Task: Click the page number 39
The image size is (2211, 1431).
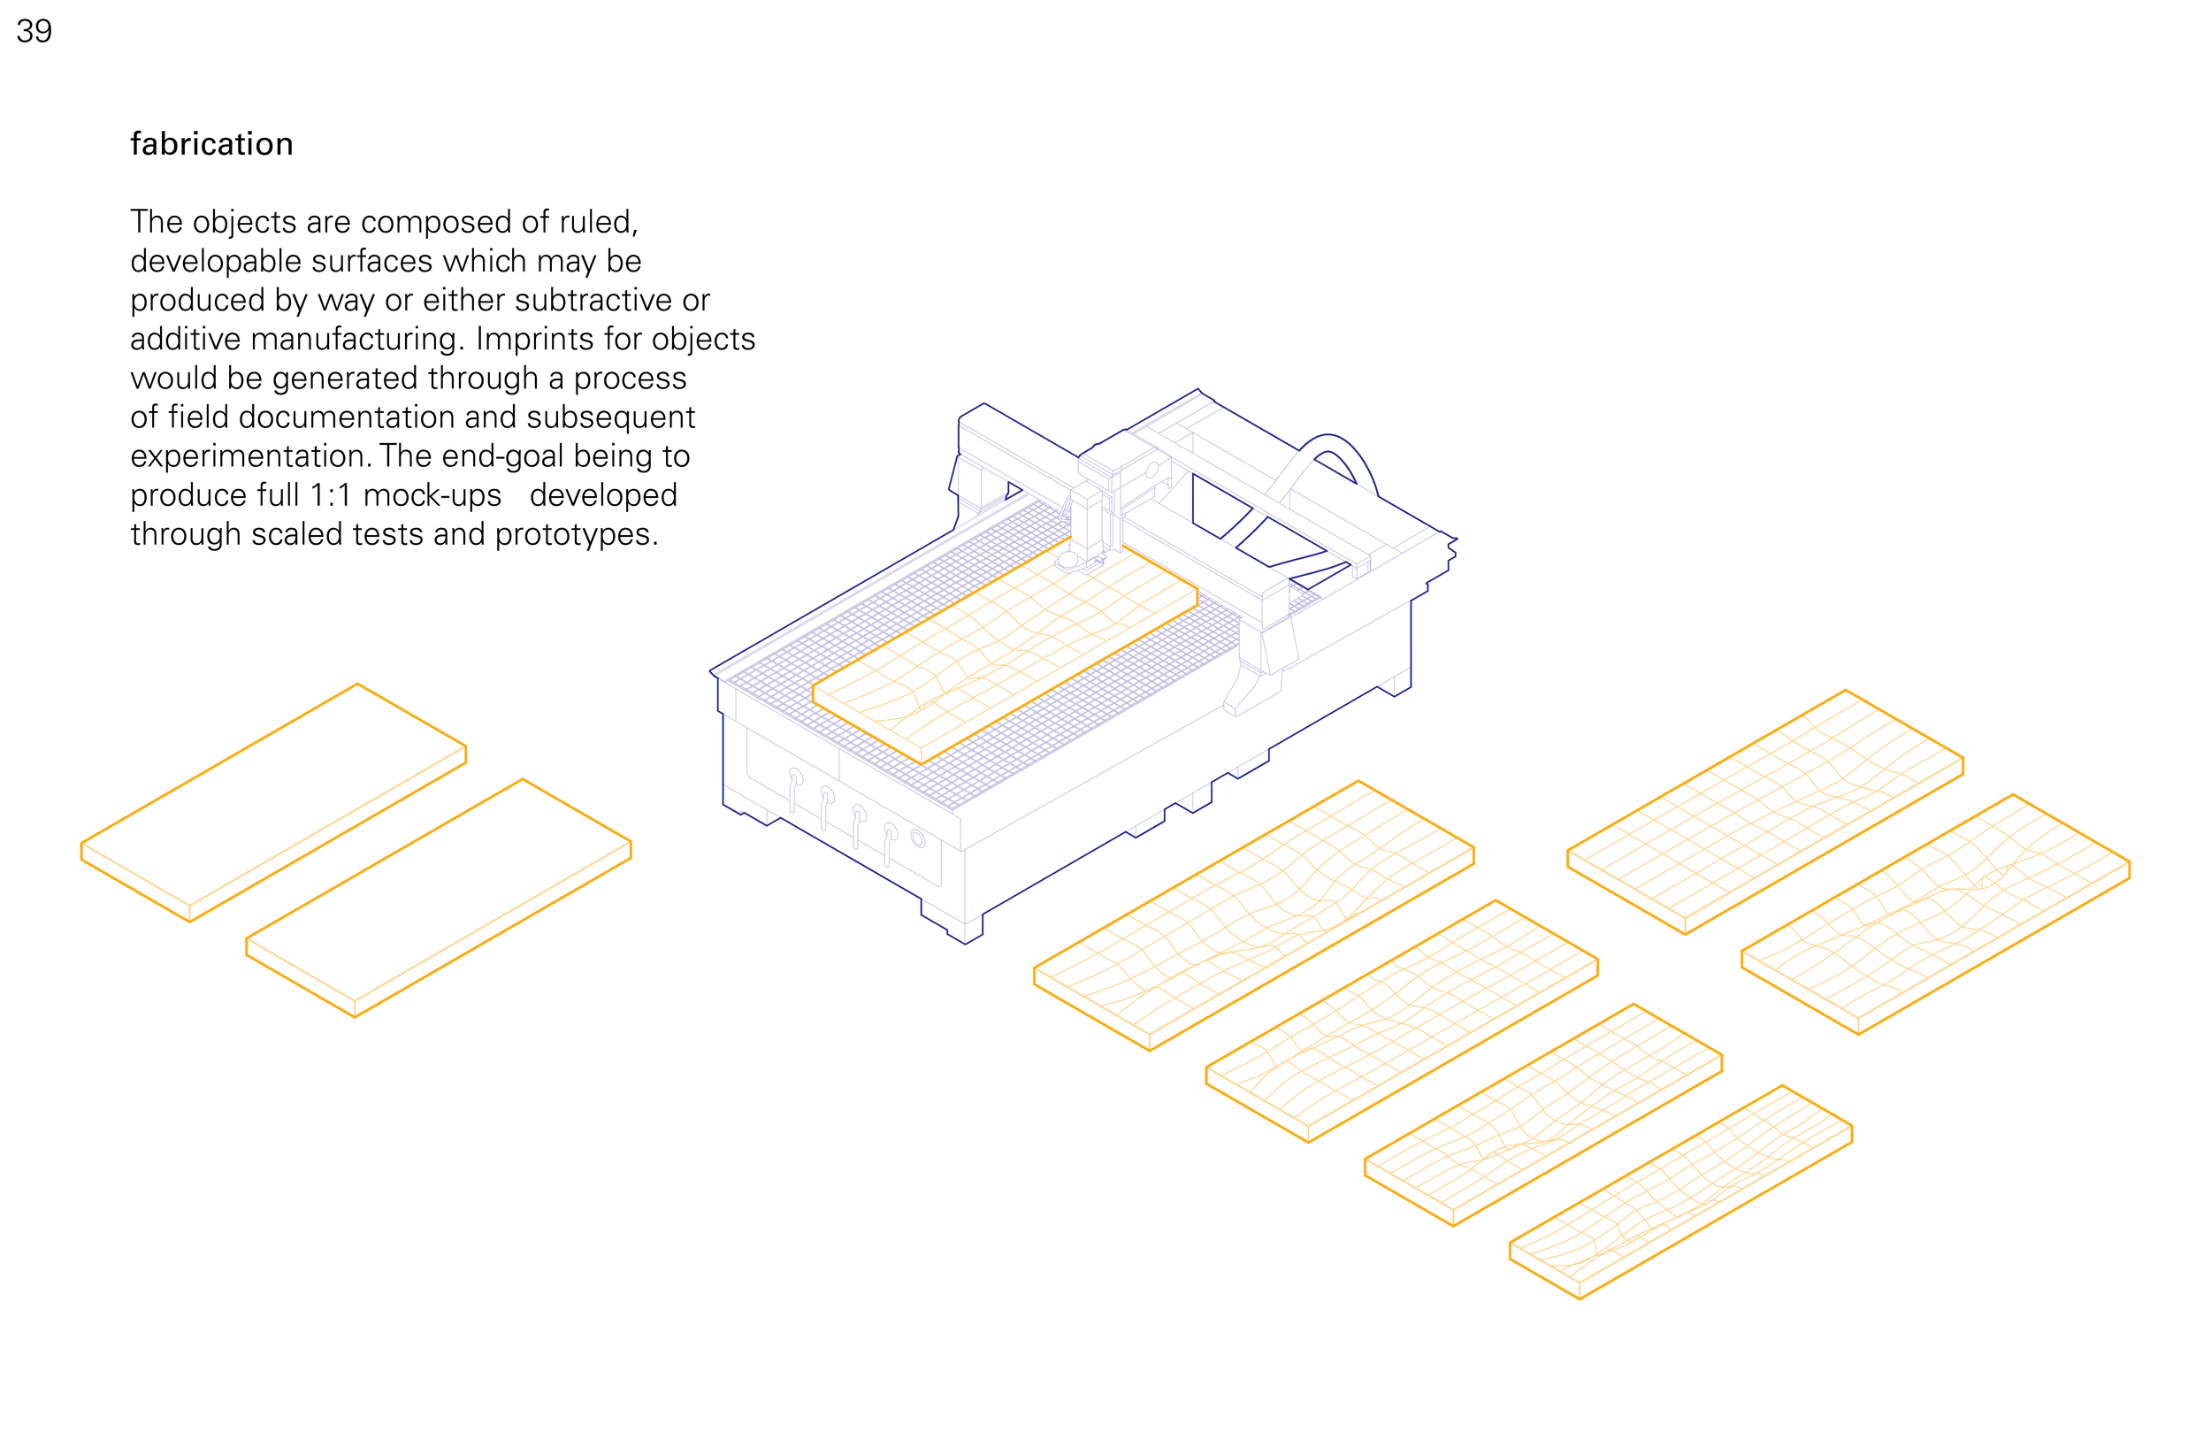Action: (x=34, y=32)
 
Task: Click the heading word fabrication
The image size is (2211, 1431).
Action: (x=211, y=144)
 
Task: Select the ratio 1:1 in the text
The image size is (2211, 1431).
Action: (x=331, y=495)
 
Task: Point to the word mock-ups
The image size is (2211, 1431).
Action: (x=432, y=496)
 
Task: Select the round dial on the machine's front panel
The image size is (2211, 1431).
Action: (x=918, y=839)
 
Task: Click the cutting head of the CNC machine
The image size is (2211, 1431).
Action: (x=1087, y=525)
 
